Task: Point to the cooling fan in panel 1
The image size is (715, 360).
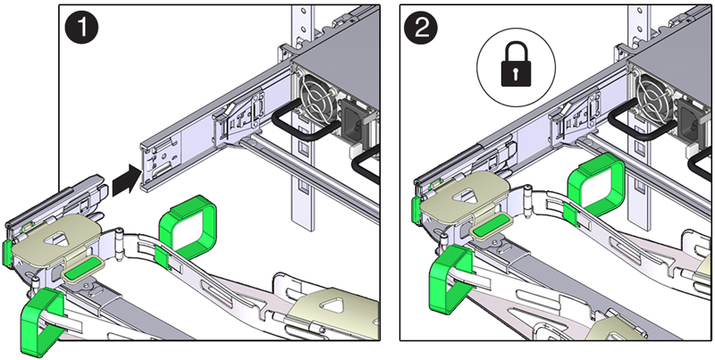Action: point(321,98)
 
